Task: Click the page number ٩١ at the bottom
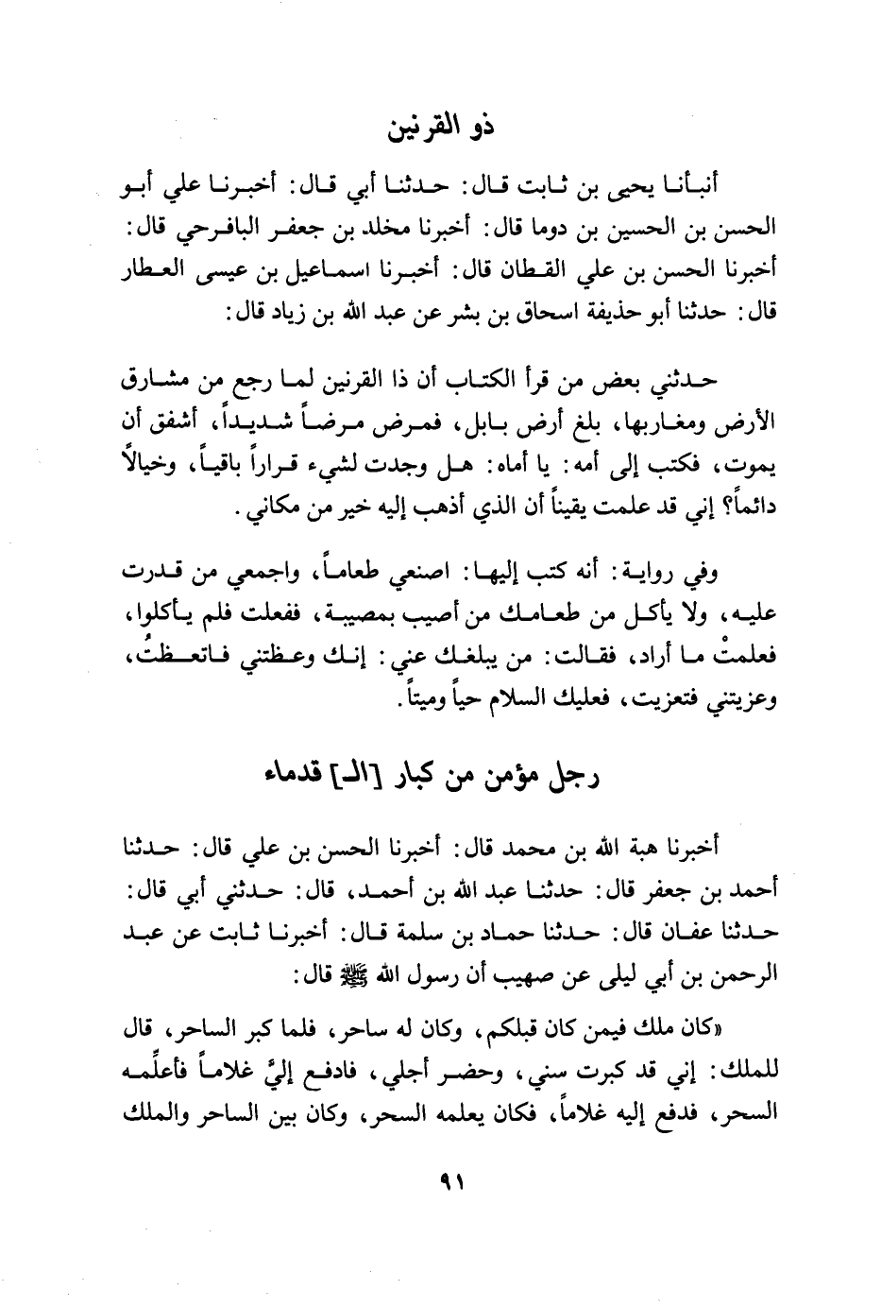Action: click(x=441, y=1182)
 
